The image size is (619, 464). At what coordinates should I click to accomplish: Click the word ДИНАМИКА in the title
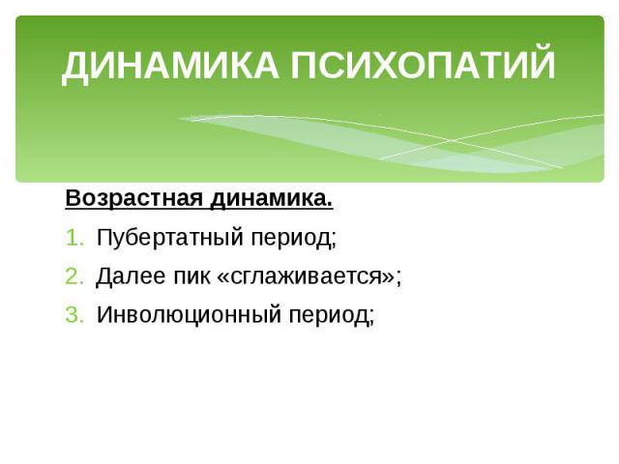pyautogui.click(x=170, y=65)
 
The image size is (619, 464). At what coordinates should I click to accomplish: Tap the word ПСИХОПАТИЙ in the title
pyautogui.click(x=423, y=62)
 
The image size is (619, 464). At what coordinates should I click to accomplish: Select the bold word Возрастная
pyautogui.click(x=133, y=198)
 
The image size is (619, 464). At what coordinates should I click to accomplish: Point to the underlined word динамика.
pyautogui.click(x=272, y=199)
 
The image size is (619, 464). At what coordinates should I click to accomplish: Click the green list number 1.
pyautogui.click(x=74, y=239)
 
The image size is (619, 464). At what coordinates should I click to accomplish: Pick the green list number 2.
pyautogui.click(x=74, y=276)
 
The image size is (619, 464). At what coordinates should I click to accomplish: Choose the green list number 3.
pyautogui.click(x=74, y=315)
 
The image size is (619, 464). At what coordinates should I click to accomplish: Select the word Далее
pyautogui.click(x=132, y=276)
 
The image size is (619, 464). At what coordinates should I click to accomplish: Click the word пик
pyautogui.click(x=192, y=276)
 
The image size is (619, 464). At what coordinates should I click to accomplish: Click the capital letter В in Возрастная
pyautogui.click(x=73, y=197)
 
